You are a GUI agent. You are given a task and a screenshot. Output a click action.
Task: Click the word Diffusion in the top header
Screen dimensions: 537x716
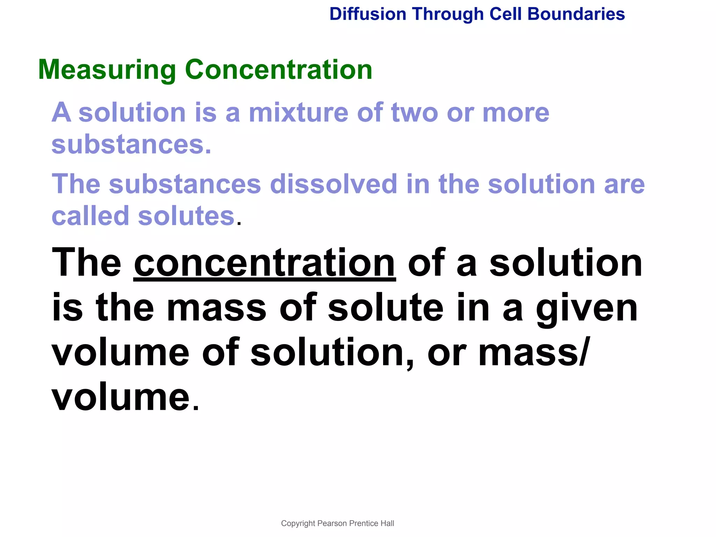[x=368, y=14]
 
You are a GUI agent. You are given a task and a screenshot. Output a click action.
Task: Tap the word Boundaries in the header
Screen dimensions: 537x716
[x=576, y=14]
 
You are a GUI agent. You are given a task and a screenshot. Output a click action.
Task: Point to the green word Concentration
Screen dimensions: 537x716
[x=278, y=70]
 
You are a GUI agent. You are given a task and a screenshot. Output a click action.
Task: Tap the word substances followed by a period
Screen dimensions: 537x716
[x=131, y=144]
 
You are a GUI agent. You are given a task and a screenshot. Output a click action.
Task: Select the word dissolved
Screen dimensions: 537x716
[x=334, y=184]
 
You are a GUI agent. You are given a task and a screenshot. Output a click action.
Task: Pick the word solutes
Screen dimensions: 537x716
[x=186, y=216]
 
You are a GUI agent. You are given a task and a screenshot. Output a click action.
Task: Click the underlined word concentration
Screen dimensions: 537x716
[x=265, y=263]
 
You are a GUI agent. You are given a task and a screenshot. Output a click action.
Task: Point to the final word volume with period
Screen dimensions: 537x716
[x=121, y=397]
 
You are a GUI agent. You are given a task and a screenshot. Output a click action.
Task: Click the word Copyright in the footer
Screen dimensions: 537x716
[x=298, y=523]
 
